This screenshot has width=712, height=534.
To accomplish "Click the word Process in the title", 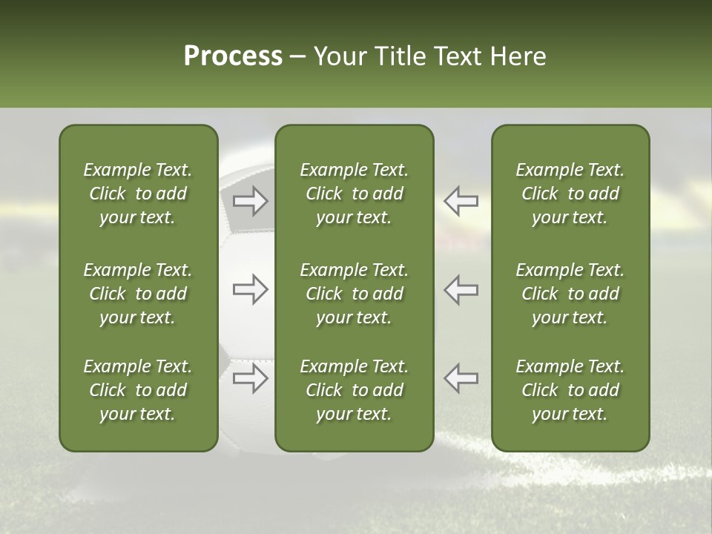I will (x=233, y=56).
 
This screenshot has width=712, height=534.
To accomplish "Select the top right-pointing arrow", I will (x=250, y=201).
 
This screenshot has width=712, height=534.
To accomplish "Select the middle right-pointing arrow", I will (x=250, y=289).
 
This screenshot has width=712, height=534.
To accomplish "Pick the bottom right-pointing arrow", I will (x=250, y=378).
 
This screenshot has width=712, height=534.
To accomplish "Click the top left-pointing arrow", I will (x=461, y=201).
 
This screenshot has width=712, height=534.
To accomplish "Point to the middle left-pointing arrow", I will (x=461, y=289).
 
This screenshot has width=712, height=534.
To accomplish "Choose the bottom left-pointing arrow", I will (x=461, y=378).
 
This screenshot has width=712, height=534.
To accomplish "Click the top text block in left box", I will (x=138, y=194).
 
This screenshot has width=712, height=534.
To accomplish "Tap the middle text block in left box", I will (x=138, y=294).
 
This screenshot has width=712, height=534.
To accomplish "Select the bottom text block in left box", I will (x=138, y=390).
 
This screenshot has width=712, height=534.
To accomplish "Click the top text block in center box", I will (x=354, y=194).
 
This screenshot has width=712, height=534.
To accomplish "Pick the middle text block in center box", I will (x=354, y=294).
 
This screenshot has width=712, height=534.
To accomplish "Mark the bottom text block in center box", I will (x=354, y=390).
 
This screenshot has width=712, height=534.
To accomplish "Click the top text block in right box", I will (x=570, y=194).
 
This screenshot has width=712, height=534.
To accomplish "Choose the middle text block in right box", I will (x=570, y=294).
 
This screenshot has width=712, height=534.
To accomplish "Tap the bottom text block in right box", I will (x=570, y=390).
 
